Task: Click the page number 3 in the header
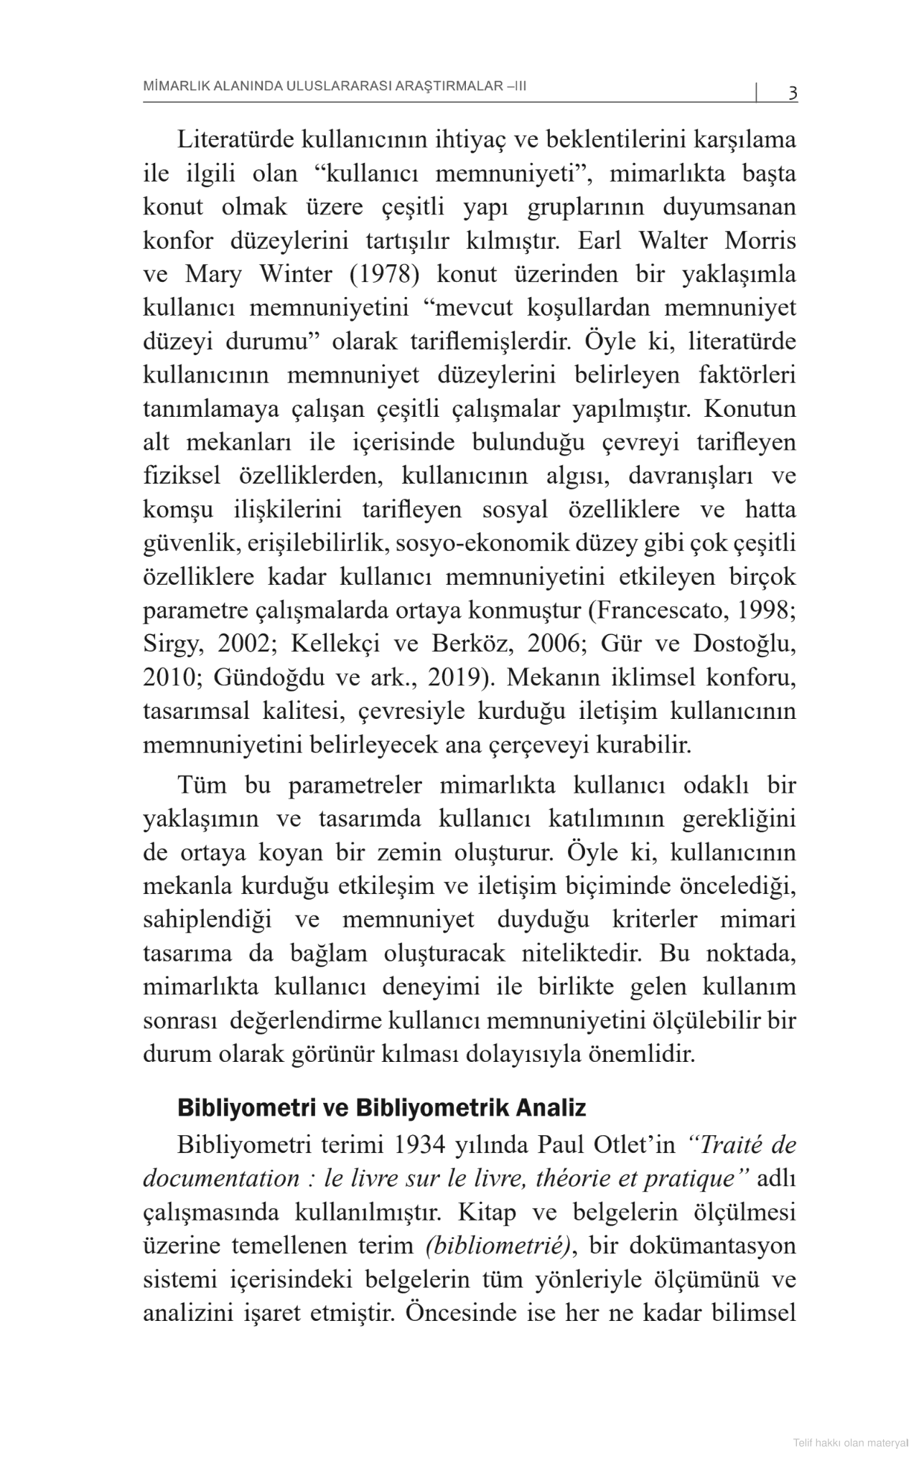(x=793, y=93)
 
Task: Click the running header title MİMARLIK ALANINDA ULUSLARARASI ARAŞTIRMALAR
(x=335, y=87)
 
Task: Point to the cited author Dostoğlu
(x=744, y=644)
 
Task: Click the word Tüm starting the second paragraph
(x=202, y=786)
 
